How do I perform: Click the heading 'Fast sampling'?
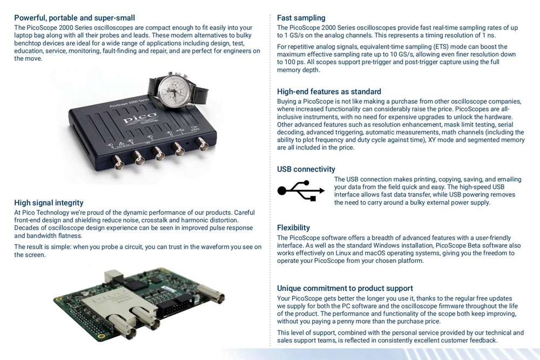point(301,18)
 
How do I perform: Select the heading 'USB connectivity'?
point(306,169)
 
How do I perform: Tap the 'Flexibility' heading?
point(293,228)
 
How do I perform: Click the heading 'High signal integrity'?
point(49,203)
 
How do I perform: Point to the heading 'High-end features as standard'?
point(329,92)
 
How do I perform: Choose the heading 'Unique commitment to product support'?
point(345,288)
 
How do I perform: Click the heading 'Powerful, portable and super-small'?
point(75,18)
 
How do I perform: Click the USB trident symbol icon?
point(301,191)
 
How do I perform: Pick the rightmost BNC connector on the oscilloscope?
point(201,144)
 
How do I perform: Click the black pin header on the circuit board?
point(175,305)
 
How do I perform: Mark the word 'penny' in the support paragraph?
point(352,322)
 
